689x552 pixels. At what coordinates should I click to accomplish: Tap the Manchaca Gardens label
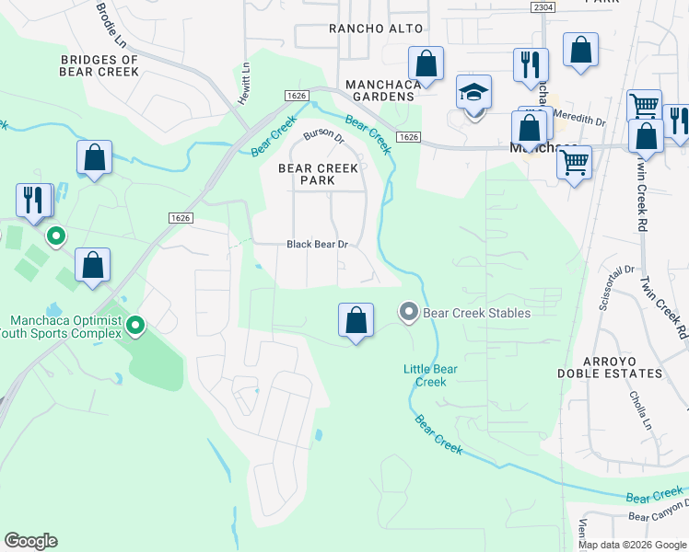pyautogui.click(x=380, y=90)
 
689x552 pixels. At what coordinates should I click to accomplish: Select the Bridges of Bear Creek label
pyautogui.click(x=99, y=65)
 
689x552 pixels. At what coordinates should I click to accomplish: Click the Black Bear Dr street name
pyautogui.click(x=317, y=244)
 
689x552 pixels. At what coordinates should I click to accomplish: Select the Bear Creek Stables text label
pyautogui.click(x=476, y=313)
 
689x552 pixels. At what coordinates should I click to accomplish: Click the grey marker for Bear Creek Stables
pyautogui.click(x=408, y=313)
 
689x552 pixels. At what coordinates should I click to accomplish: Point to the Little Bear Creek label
pyautogui.click(x=431, y=375)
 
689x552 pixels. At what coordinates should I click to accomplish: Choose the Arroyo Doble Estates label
pyautogui.click(x=610, y=367)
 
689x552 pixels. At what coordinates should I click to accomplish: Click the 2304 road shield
pyautogui.click(x=543, y=6)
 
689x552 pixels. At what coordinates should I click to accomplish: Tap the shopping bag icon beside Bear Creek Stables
pyautogui.click(x=356, y=320)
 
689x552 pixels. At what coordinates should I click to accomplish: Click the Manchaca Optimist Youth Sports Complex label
pyautogui.click(x=64, y=327)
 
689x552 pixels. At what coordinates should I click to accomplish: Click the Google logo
pyautogui.click(x=30, y=541)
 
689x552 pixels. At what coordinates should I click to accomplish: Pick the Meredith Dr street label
pyautogui.click(x=580, y=121)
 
